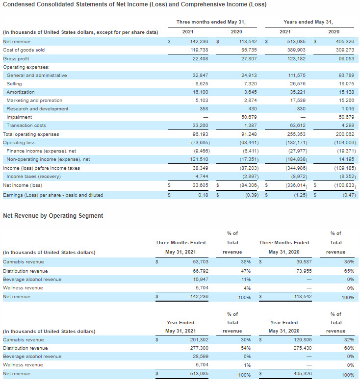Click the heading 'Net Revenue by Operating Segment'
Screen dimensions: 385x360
(53, 215)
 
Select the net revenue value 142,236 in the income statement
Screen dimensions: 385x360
(198, 42)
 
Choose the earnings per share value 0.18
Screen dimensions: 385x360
(203, 195)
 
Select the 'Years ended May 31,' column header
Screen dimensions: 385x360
(308, 22)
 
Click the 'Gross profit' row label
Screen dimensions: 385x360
(16, 59)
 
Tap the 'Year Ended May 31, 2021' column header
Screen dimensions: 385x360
(180, 327)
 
